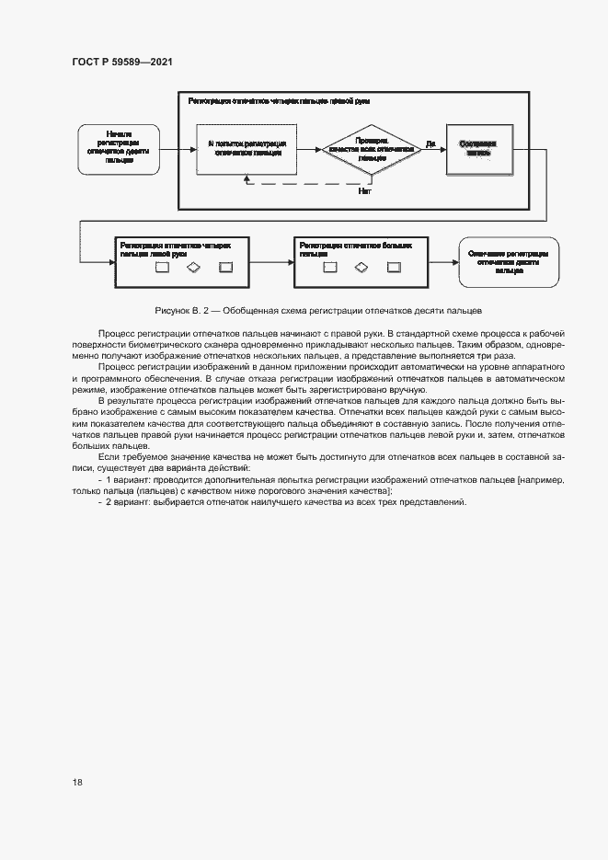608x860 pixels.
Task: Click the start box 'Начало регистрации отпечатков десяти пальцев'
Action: pos(119,147)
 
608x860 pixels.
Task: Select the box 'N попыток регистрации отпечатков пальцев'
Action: pos(246,148)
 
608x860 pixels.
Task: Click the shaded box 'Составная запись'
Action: pos(479,148)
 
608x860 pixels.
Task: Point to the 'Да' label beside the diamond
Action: pos(430,143)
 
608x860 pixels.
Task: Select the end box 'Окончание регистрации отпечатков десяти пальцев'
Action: pos(508,261)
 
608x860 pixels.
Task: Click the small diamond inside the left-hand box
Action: pos(193,268)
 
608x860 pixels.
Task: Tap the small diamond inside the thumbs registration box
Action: pos(362,268)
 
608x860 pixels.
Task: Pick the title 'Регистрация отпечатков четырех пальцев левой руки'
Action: pos(175,249)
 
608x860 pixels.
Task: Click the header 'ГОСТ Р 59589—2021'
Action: pos(122,62)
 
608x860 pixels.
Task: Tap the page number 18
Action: pos(77,783)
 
